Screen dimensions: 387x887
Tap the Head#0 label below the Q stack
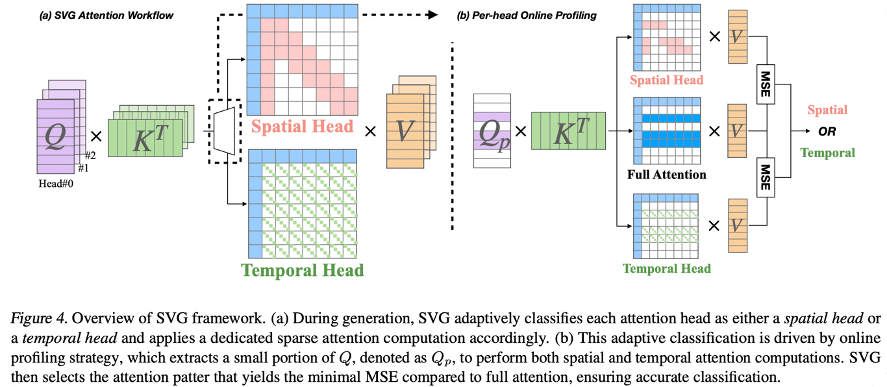[58, 184]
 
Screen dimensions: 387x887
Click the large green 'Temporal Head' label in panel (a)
[302, 269]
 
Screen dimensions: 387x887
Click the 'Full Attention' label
[667, 175]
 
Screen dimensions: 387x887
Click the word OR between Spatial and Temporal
[827, 132]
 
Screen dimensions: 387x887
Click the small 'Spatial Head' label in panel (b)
[667, 80]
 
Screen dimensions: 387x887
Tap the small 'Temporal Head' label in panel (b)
[667, 268]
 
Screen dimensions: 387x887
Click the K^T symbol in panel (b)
[568, 131]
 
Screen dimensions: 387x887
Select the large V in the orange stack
[405, 131]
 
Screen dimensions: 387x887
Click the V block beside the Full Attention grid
[736, 131]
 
